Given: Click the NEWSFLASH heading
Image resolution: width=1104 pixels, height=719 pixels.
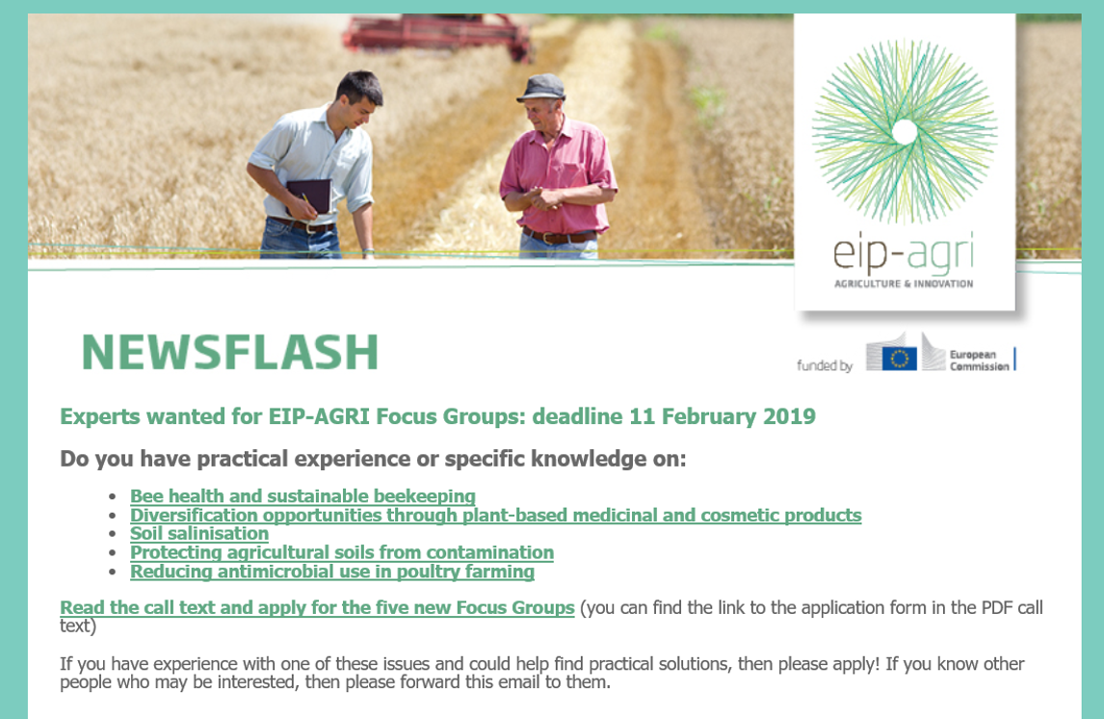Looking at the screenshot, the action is pos(230,352).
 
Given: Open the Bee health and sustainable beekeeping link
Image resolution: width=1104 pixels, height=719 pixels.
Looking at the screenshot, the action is pos(302,496).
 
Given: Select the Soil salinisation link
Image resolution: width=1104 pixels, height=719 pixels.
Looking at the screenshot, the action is pos(199,534).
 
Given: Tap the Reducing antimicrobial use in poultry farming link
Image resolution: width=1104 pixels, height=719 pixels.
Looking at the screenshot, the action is pos(332,572).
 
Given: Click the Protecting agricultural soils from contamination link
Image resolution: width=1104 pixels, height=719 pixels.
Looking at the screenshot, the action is pos(342,553).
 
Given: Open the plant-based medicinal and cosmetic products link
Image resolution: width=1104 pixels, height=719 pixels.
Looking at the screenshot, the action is pos(496,516).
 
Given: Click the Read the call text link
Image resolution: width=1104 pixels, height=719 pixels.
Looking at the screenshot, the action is pos(317,608).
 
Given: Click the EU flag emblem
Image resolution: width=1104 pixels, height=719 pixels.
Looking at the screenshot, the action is pos(899,359).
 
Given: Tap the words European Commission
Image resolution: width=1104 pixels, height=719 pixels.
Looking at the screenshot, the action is pos(980,360).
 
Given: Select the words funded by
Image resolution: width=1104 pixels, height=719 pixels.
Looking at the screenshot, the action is pos(825,365).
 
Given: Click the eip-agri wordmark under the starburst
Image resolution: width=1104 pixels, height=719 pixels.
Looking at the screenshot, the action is pos(904,253).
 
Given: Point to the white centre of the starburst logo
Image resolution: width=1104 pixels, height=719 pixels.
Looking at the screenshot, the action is pos(905,132).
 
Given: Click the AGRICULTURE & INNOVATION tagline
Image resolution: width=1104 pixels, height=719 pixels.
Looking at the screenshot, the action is pos(904,283).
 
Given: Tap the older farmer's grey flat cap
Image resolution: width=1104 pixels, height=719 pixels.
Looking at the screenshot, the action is pos(540,88).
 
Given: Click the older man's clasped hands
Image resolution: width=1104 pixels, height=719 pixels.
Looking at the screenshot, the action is pos(542,198).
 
